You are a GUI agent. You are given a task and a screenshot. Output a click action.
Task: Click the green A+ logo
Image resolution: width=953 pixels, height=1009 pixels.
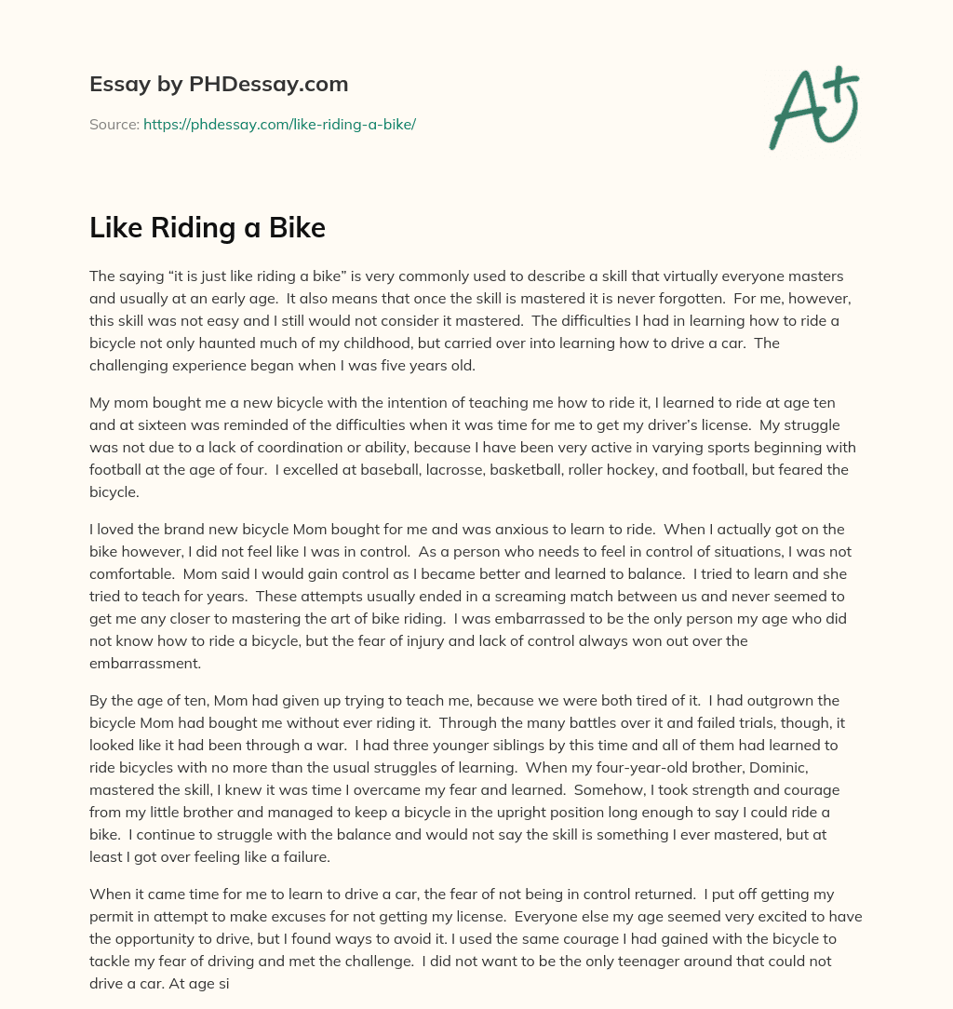point(814,108)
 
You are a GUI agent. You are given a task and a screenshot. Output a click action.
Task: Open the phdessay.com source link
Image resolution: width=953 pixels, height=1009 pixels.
point(279,124)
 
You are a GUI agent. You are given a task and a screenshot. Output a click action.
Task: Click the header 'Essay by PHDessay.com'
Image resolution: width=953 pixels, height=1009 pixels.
point(219,84)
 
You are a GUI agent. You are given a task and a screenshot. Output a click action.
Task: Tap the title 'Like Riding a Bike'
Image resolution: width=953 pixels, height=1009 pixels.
point(208,227)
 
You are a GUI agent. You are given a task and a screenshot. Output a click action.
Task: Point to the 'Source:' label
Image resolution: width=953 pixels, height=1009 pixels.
point(114,124)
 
